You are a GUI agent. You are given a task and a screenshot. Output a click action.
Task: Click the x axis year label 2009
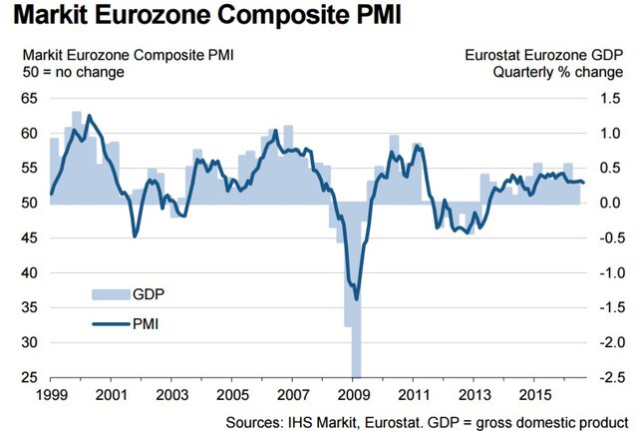pos(355,395)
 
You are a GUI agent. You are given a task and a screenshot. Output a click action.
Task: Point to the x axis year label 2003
pos(172,395)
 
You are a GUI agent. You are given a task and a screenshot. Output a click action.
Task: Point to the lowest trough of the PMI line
pos(356,298)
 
